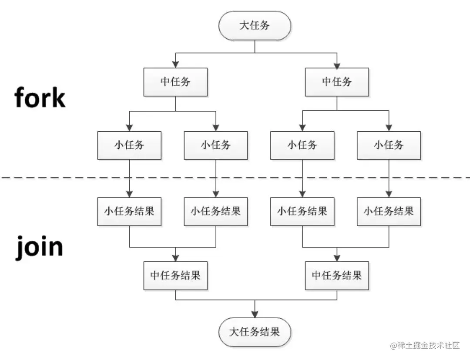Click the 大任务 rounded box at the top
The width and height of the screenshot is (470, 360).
tap(255, 25)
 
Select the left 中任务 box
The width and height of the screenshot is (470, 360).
tap(175, 82)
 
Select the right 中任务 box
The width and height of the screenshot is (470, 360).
tap(337, 82)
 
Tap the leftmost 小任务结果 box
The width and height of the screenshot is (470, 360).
tap(129, 212)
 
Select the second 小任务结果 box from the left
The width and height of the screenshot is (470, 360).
tap(216, 212)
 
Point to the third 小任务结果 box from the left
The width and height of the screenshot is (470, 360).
tap(302, 212)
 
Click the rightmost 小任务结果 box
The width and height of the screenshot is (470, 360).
tap(389, 212)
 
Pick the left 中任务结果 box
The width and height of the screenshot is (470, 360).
tap(175, 276)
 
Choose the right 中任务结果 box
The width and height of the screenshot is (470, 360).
tap(337, 276)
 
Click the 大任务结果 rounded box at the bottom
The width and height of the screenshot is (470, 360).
tap(255, 332)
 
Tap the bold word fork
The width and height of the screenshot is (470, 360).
tap(40, 97)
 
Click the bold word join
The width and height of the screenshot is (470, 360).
tap(40, 247)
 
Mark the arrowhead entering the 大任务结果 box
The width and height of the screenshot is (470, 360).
tap(255, 314)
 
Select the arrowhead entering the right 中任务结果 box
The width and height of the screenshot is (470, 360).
tap(337, 258)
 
